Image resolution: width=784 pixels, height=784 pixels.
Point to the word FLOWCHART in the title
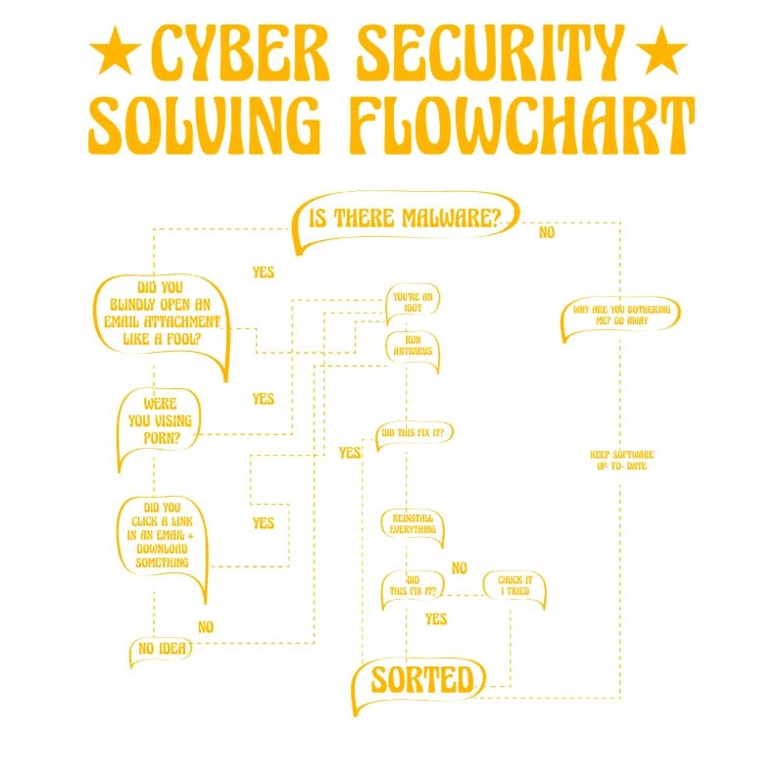(x=521, y=125)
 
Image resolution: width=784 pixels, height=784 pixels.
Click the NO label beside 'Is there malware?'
(x=547, y=232)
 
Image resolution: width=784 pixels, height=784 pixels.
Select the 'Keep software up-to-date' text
(x=621, y=460)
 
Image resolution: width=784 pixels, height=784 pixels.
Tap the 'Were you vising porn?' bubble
(x=159, y=421)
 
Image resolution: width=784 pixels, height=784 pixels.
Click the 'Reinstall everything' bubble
(x=413, y=523)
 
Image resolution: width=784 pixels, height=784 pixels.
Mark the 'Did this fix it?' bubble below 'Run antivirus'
(x=416, y=432)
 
